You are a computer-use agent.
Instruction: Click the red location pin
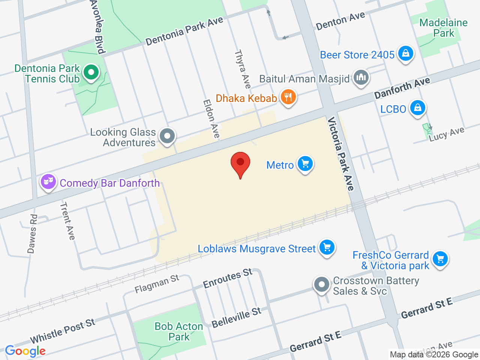[240, 163]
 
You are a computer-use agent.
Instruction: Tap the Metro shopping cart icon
[305, 164]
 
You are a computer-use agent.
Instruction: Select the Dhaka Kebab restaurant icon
[288, 97]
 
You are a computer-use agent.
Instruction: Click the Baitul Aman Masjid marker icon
[361, 78]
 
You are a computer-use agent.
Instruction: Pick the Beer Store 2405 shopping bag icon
[405, 54]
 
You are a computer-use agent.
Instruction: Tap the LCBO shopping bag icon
[417, 108]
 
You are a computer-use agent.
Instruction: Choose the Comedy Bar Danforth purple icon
[48, 182]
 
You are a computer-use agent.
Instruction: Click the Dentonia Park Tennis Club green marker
[90, 72]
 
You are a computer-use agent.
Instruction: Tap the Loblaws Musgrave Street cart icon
[327, 247]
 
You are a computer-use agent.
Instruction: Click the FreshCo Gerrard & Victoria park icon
[440, 259]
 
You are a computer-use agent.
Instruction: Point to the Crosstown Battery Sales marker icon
[321, 285]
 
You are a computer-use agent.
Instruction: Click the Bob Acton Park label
[179, 331]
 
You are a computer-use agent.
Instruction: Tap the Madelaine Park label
[443, 28]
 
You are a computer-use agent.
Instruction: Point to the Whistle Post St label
[63, 331]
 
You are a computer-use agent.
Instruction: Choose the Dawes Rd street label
[33, 234]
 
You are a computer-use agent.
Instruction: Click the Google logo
[25, 351]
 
